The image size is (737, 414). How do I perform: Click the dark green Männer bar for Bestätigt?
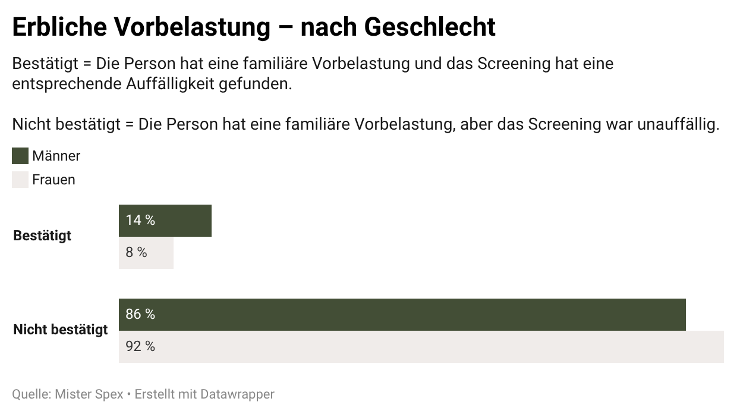click(x=178, y=221)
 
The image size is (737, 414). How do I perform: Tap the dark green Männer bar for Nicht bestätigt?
click(x=416, y=315)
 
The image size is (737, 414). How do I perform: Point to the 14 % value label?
click(x=140, y=220)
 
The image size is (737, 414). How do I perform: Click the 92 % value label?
click(x=140, y=346)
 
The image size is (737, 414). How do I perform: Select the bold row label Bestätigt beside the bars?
click(x=42, y=236)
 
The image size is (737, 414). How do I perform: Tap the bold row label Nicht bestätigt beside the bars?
click(x=61, y=330)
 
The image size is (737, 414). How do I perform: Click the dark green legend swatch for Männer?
click(x=20, y=156)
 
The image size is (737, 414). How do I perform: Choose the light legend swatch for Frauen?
click(x=20, y=180)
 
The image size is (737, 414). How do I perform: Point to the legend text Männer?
click(x=56, y=156)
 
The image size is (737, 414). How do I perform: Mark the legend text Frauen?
click(x=53, y=180)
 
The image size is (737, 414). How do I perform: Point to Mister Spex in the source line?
click(x=89, y=394)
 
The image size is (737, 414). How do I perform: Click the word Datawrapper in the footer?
click(x=237, y=394)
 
